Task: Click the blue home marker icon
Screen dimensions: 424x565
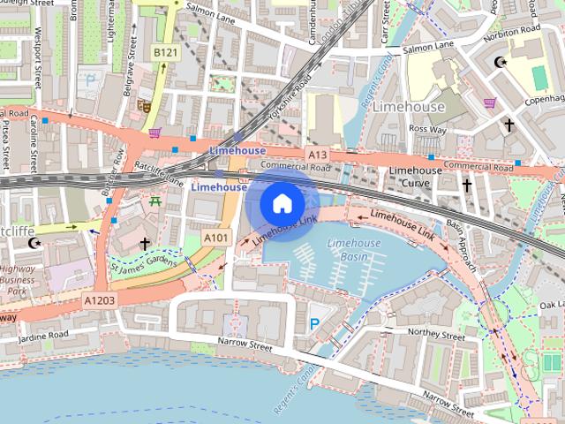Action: pyautogui.click(x=282, y=204)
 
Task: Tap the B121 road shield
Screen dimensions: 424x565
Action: pyautogui.click(x=163, y=54)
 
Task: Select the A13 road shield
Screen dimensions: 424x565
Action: pyautogui.click(x=318, y=155)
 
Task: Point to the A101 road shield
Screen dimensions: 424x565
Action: pyautogui.click(x=215, y=238)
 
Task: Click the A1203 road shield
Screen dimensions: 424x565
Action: pyautogui.click(x=100, y=301)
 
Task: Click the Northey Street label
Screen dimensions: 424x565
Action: pyautogui.click(x=437, y=336)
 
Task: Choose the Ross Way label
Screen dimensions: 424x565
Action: pyautogui.click(x=427, y=128)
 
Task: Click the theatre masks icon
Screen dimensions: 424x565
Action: pyautogui.click(x=145, y=106)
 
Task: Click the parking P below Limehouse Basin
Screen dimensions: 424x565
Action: pyautogui.click(x=314, y=325)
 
